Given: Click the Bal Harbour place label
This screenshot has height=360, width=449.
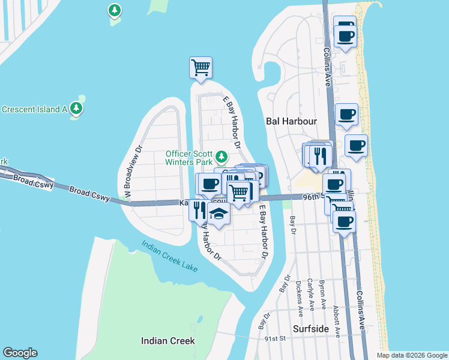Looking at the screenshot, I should click(291, 121).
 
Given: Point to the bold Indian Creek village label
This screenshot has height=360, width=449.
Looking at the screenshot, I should click(167, 341).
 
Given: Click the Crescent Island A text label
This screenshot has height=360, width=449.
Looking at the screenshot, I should click(34, 109).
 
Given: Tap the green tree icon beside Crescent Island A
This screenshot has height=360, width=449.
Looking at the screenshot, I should click(76, 108).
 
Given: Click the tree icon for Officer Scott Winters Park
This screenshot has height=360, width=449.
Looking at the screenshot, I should click(221, 157).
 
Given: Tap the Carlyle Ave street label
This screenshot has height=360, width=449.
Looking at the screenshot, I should click(310, 294).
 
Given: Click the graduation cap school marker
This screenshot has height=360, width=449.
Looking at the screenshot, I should click(219, 215).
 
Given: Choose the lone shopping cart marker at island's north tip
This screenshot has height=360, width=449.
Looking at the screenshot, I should click(200, 67).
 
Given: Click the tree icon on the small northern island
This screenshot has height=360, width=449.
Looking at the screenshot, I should click(114, 10).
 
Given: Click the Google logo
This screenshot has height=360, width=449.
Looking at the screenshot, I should click(20, 353).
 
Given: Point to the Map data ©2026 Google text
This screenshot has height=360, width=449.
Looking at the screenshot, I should click(412, 355).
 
